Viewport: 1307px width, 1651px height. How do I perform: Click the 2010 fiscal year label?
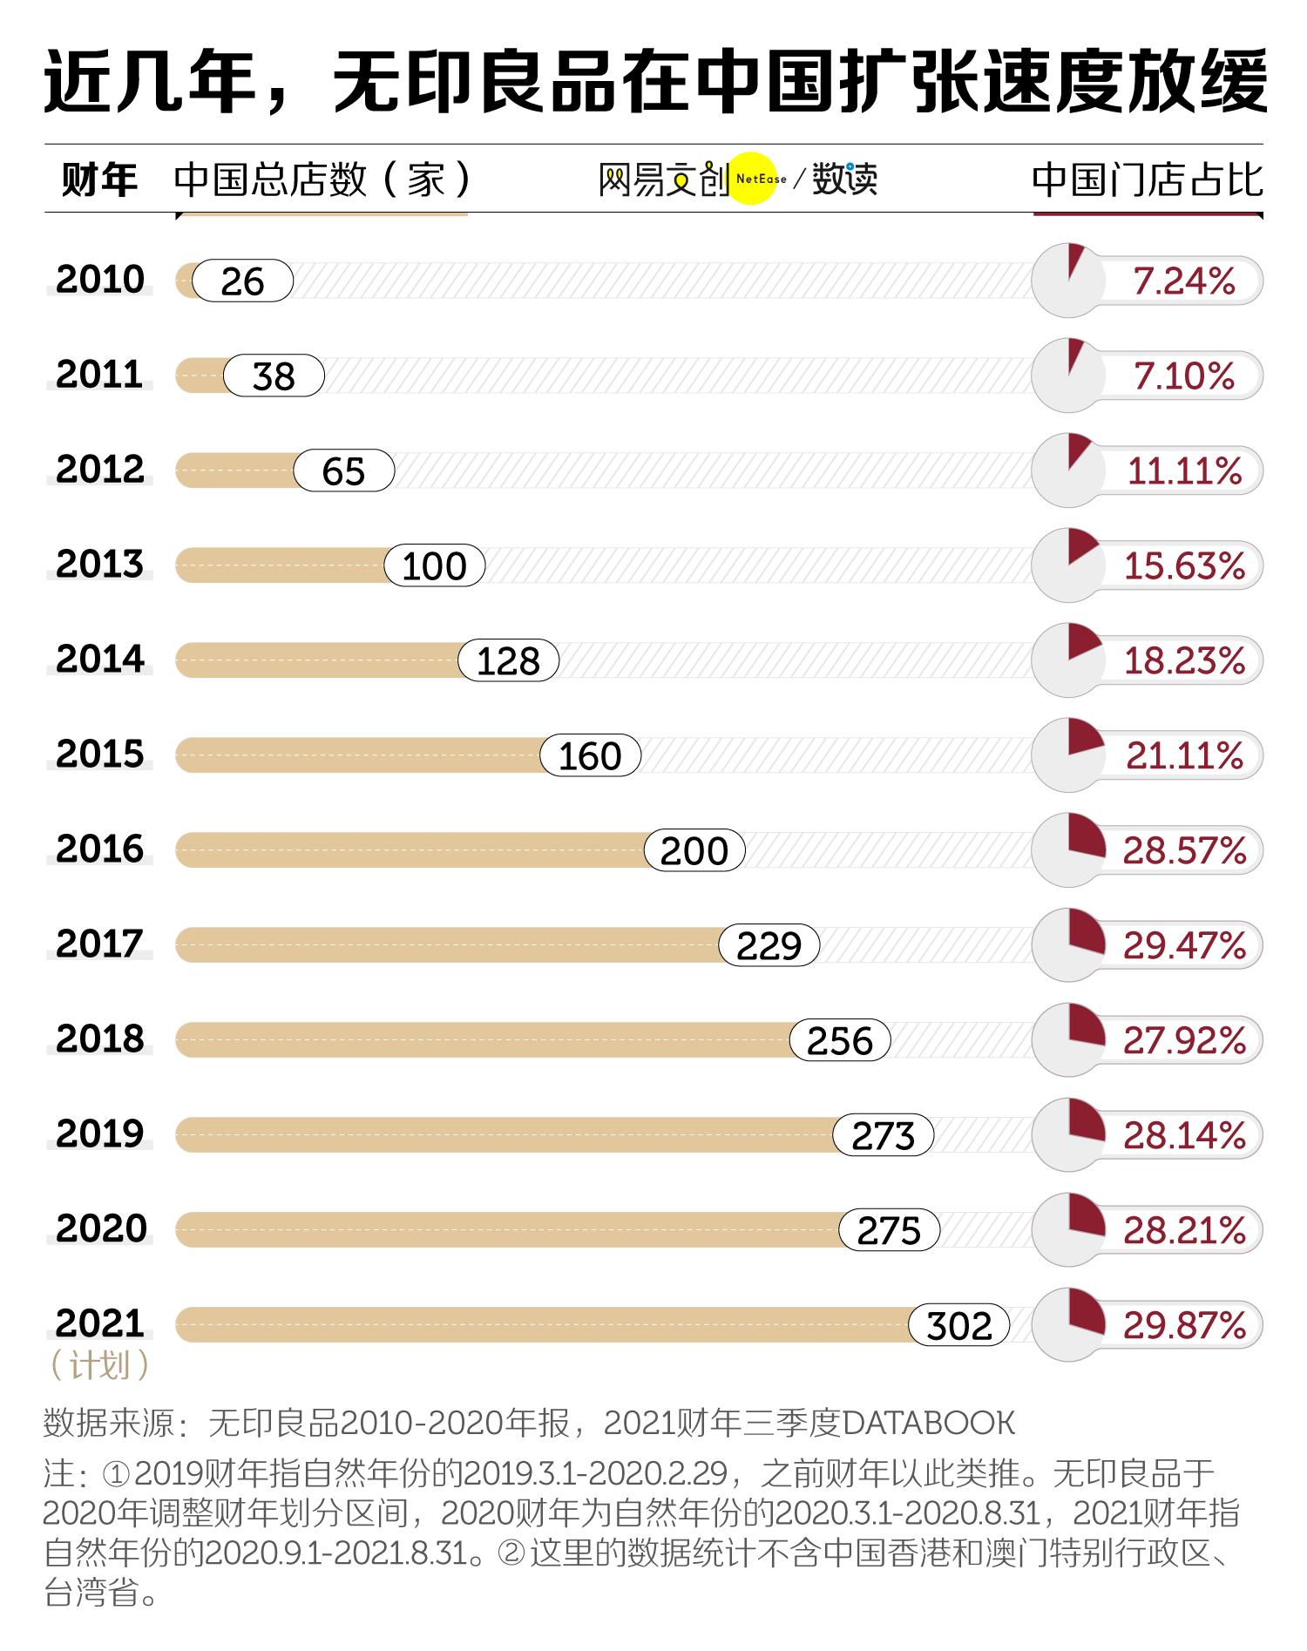coord(99,280)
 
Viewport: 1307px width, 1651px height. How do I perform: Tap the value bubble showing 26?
coord(242,281)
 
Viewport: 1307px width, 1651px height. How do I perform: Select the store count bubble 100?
coord(434,566)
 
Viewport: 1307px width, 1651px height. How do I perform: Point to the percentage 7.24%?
coord(1183,281)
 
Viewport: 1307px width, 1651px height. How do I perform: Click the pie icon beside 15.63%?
coord(1068,565)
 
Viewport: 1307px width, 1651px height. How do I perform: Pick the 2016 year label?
coord(99,849)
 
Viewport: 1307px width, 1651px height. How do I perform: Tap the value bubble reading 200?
coord(694,851)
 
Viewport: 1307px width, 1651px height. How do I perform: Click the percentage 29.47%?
coord(1183,945)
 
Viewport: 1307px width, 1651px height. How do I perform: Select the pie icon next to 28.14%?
coord(1068,1134)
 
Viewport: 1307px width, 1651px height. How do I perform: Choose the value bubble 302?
coord(958,1325)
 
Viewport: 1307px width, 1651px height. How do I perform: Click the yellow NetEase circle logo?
coord(751,179)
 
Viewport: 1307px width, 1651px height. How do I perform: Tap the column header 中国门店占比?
coord(1147,180)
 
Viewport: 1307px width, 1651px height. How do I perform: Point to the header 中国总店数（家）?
coord(322,180)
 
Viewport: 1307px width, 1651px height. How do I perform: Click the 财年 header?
coord(99,180)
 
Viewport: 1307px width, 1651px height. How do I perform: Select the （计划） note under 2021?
coord(99,1364)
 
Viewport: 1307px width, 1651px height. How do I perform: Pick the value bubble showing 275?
coord(889,1230)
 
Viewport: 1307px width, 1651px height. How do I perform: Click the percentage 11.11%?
coord(1183,471)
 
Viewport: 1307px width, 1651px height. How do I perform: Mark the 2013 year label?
coord(99,565)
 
